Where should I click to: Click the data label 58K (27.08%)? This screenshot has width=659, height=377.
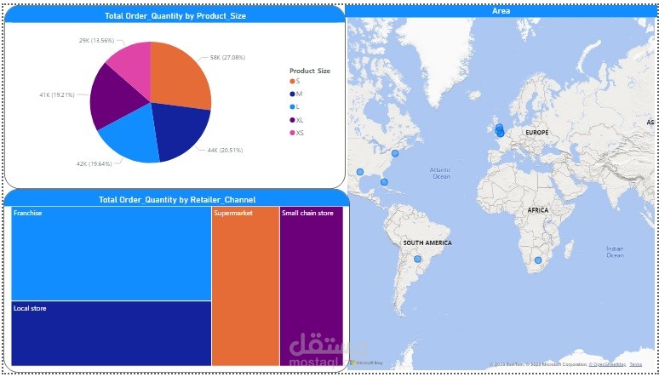coord(226,58)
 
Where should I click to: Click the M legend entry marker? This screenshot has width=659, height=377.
coord(293,94)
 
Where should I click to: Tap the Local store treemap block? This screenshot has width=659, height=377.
coord(112,333)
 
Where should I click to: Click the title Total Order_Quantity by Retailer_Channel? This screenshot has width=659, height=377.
coord(177,199)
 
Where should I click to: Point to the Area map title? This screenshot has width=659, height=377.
coord(501,10)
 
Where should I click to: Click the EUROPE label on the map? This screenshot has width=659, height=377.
coord(536,133)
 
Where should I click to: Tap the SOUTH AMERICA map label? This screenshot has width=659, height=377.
coord(427,243)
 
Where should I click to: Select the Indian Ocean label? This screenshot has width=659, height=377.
coord(615,251)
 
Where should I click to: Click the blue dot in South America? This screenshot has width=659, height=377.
coord(417,259)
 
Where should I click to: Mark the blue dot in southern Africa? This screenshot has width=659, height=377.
coord(537,260)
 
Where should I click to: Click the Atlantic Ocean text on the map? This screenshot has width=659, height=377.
coord(440,173)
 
